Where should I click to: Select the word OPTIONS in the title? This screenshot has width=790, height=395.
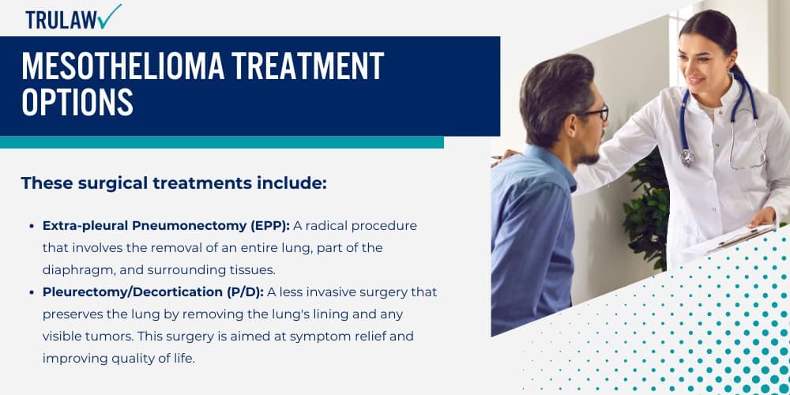pyautogui.click(x=77, y=103)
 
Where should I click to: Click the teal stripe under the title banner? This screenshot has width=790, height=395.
pyautogui.click(x=221, y=142)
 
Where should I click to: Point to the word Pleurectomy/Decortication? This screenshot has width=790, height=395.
pyautogui.click(x=127, y=292)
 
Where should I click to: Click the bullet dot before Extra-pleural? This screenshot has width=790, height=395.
pyautogui.click(x=32, y=227)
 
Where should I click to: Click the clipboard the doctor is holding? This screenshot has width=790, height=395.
pyautogui.click(x=731, y=242)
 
